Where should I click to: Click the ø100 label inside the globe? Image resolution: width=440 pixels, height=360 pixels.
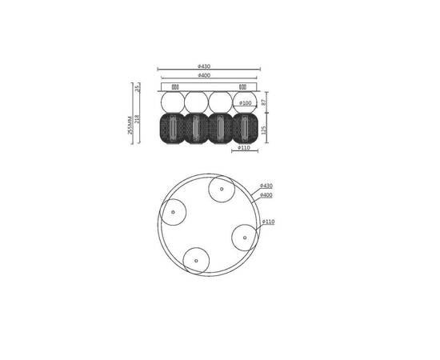click(246, 103)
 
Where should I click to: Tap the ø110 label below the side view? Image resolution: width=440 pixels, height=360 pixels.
click(244, 148)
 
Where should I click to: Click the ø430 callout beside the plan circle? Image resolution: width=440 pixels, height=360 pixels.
click(266, 186)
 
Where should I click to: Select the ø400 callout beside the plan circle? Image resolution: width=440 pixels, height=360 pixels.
click(266, 194)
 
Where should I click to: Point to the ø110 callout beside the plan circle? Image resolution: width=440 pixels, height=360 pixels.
click(268, 222)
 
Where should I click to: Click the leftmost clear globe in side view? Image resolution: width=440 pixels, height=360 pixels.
click(173, 102)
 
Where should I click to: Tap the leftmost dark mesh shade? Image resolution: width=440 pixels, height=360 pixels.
click(173, 127)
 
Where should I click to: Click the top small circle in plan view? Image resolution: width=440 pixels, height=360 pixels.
click(221, 190)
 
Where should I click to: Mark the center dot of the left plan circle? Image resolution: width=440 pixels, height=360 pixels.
click(173, 212)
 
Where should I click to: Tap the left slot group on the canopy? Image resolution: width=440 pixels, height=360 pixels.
click(175, 86)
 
